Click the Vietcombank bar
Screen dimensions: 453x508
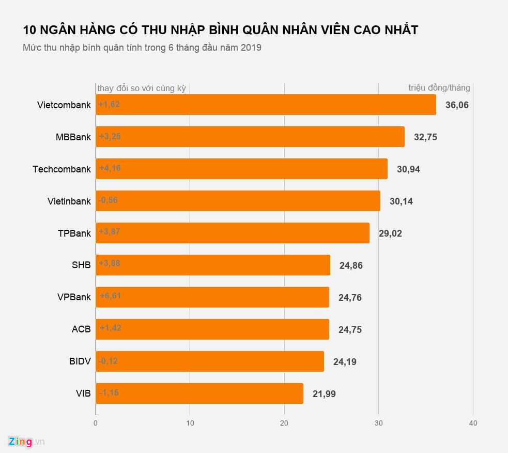266,105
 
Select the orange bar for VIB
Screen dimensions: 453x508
199,393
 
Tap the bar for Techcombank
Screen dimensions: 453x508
241,169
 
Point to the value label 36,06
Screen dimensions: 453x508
457,105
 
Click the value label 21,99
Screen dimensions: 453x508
324,394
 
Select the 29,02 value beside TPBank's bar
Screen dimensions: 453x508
390,233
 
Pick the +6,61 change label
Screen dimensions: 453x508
110,296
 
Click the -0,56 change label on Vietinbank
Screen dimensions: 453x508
109,200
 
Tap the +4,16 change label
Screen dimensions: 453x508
110,168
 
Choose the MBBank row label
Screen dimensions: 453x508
73,137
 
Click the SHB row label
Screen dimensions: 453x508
81,265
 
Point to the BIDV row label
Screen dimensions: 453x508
80,361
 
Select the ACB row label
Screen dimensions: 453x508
81,329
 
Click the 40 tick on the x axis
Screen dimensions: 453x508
473,423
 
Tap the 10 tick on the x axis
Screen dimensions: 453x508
190,423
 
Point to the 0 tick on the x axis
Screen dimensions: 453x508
96,423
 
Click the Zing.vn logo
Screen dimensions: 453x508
26,442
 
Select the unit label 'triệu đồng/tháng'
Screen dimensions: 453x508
439,88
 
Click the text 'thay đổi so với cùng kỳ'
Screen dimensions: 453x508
142,89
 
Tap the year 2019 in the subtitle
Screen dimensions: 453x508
251,48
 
